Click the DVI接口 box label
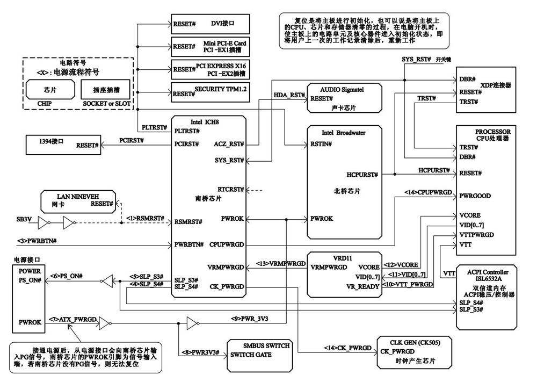pyautogui.click(x=223, y=24)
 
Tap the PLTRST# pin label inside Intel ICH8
pyautogui.click(x=187, y=131)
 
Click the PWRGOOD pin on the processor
pyautogui.click(x=475, y=196)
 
